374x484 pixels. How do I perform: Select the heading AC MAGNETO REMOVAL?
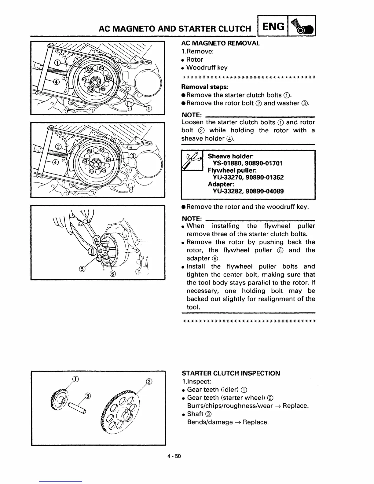coord(220,43)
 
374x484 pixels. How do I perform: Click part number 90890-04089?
coord(265,191)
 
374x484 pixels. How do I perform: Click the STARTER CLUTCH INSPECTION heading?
coord(231,373)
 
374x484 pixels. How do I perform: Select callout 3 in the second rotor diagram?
coord(132,156)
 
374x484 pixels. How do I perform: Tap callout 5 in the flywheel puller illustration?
coord(82,268)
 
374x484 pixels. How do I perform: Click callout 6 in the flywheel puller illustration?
coord(112,273)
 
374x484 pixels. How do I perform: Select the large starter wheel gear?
coord(120,413)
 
